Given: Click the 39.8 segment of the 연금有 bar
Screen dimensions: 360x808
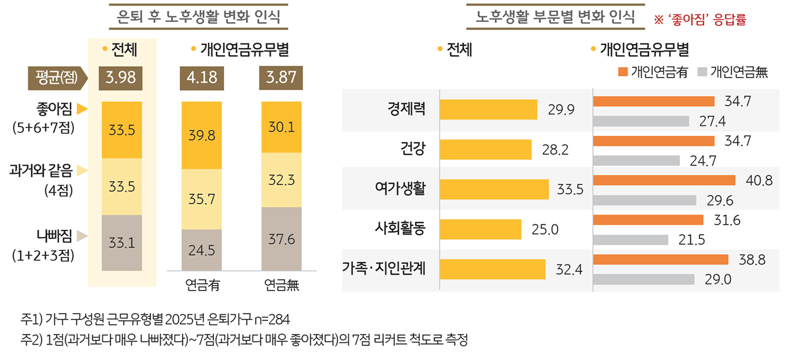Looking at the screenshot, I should [x=201, y=135].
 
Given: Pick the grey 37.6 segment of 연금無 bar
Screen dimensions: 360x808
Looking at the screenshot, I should [x=281, y=239].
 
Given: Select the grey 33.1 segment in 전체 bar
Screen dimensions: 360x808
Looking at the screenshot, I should [x=121, y=243].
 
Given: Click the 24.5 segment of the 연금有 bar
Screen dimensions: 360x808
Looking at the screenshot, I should [x=201, y=250].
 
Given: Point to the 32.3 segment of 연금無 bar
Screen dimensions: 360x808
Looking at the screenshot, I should [x=281, y=180].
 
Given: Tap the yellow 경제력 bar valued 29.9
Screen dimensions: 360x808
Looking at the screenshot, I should [x=488, y=110].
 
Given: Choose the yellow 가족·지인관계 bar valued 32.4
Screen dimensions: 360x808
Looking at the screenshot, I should [x=493, y=269].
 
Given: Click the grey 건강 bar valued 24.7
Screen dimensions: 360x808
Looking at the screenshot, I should [x=636, y=160].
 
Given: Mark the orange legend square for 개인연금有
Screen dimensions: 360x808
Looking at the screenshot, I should [x=622, y=72].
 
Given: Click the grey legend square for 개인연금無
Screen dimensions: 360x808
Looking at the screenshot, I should [x=702, y=72].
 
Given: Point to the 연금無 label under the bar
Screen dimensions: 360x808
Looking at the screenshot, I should [x=281, y=285].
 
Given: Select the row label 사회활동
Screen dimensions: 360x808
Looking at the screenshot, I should [x=400, y=229].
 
